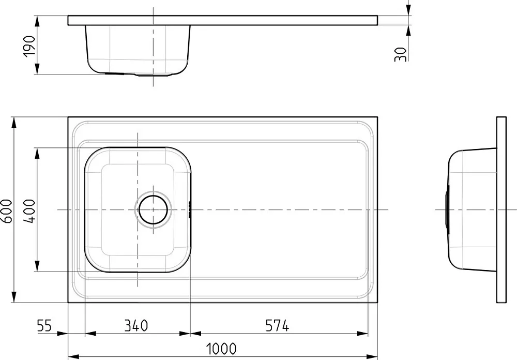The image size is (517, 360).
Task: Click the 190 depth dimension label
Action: tap(29, 46)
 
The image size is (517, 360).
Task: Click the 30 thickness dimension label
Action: tap(400, 54)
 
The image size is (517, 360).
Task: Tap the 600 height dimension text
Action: tap(7, 211)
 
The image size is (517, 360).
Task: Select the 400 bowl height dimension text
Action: tap(29, 211)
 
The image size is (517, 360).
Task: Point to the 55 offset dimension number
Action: tap(44, 326)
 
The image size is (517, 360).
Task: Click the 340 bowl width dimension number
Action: tap(136, 326)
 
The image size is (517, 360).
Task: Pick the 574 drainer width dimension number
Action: tap(277, 326)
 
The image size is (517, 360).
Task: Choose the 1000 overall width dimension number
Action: tap(221, 349)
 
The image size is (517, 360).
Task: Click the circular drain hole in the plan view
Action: tap(154, 209)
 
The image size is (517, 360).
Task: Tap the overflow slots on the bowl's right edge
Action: tap(189, 209)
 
